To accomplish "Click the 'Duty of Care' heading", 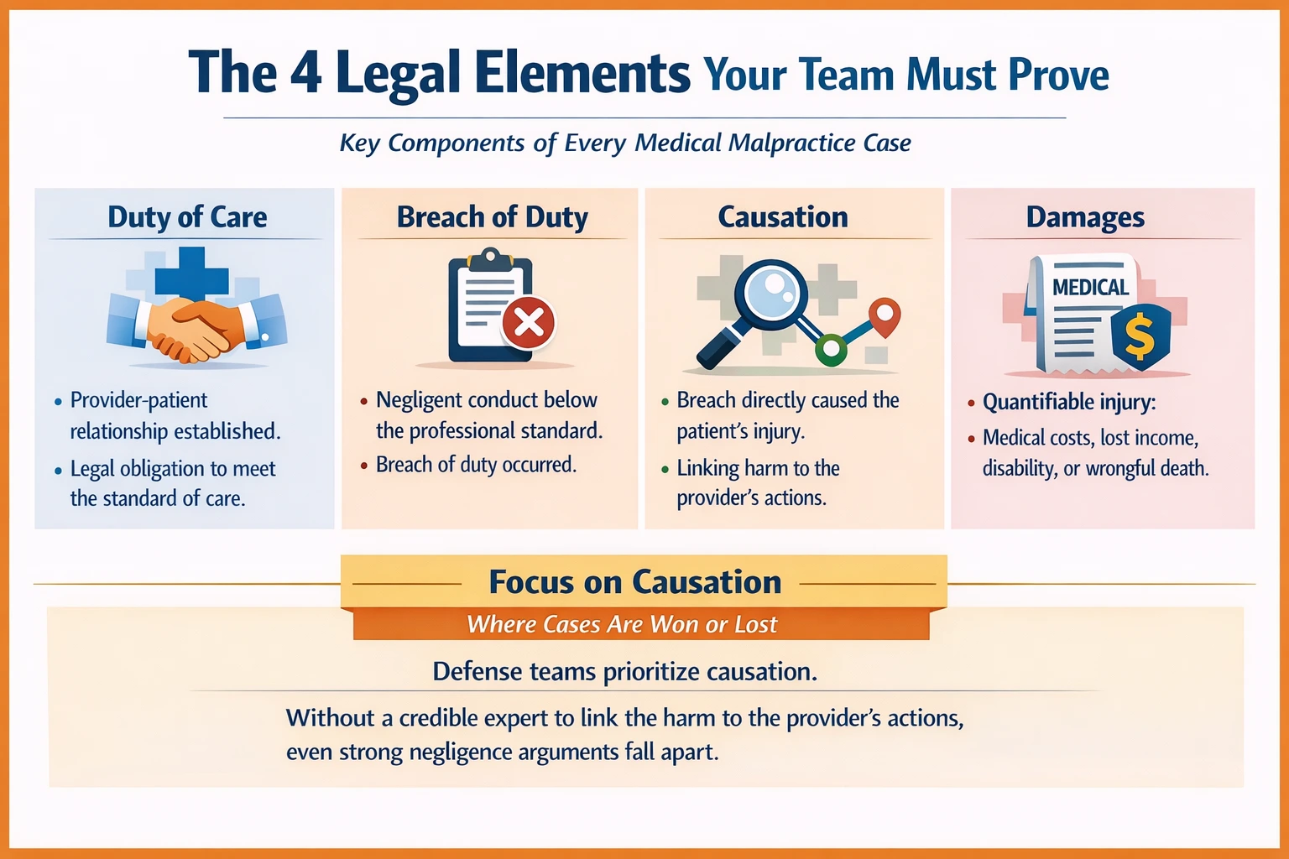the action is tap(187, 217).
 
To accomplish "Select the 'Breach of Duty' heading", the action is tap(492, 217).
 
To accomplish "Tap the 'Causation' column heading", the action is tap(782, 217).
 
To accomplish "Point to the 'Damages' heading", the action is tap(1084, 217).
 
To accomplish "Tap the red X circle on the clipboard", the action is tap(529, 322).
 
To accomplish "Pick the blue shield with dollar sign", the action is tap(1140, 333).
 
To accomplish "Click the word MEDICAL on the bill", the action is tap(1090, 288).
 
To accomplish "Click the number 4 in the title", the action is tap(305, 73).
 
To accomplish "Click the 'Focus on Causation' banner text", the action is tap(634, 582).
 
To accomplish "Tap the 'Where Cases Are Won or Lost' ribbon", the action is tap(622, 624).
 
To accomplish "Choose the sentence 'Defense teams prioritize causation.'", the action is tap(624, 671).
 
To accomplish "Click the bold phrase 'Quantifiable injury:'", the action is tap(1068, 402).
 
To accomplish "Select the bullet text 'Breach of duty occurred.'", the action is tap(476, 465).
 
